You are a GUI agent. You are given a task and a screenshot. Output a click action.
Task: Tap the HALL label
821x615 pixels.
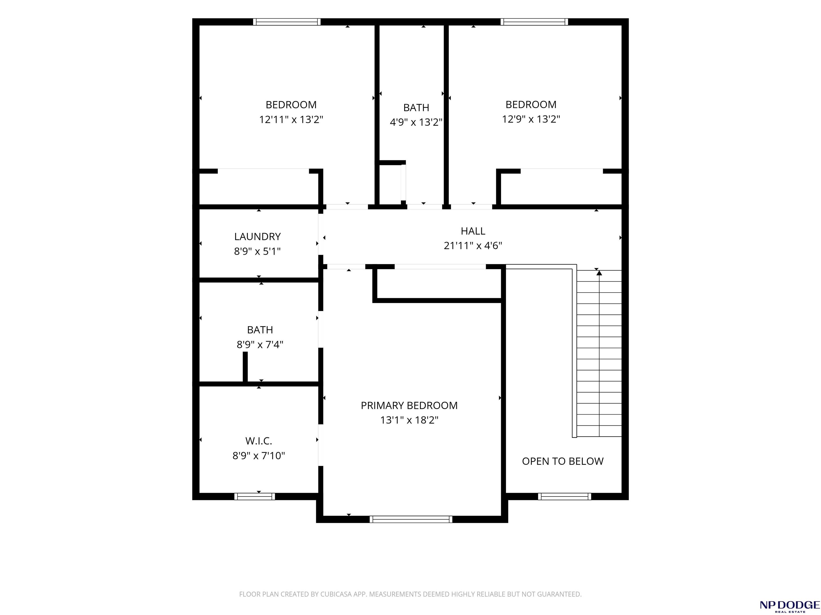[x=473, y=231]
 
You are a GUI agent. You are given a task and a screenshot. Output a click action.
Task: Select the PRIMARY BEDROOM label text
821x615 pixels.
[x=409, y=405]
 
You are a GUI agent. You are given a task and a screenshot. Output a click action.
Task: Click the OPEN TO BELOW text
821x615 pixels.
[x=563, y=461]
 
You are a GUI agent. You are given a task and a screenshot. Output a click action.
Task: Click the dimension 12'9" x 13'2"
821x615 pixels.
[x=531, y=119]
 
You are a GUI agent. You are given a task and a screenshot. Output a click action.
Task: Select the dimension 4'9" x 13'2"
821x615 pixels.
[x=416, y=122]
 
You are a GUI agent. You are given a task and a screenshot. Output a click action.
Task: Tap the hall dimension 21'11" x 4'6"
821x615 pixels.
[x=473, y=245]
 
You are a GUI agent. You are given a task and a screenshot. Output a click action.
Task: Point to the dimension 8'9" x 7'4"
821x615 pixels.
[x=260, y=344]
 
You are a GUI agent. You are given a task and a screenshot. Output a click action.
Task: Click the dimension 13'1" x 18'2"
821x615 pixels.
[x=409, y=420]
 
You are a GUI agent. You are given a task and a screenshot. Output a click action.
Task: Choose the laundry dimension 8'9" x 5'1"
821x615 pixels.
[x=257, y=251]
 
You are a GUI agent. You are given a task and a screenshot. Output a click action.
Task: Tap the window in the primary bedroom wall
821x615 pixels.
[x=411, y=519]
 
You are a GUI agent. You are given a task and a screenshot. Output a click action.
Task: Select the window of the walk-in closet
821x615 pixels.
[x=255, y=496]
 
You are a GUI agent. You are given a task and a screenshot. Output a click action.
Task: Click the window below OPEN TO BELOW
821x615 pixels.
[x=564, y=496]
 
